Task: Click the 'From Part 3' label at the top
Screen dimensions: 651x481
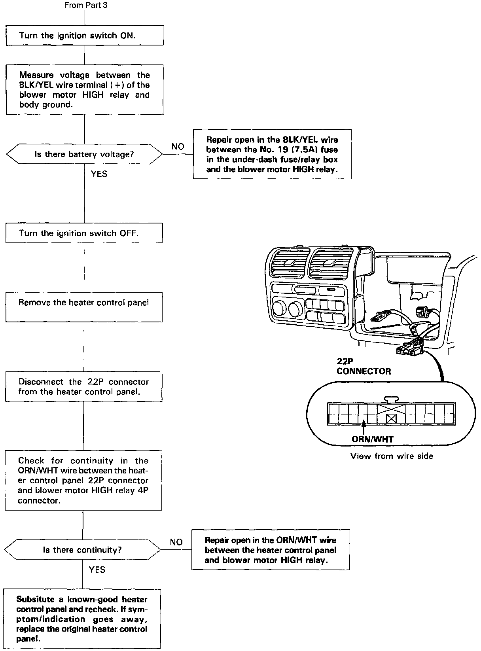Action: [85, 5]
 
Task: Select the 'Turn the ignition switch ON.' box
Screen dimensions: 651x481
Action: [85, 36]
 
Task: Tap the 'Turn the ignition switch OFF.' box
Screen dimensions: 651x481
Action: [84, 233]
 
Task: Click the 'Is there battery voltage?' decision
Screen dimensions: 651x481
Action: [84, 154]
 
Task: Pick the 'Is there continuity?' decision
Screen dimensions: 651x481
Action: [82, 550]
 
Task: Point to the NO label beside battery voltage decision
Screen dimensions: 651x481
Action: [178, 147]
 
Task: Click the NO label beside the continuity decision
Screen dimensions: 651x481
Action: [176, 542]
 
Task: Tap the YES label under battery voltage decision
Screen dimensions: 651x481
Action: [99, 174]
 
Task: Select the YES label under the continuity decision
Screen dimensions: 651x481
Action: [97, 570]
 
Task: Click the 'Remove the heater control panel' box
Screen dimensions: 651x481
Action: [84, 307]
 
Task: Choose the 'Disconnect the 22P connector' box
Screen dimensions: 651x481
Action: [83, 387]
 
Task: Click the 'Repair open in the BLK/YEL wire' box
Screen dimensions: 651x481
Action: [272, 154]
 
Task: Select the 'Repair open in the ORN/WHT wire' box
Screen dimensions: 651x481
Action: [271, 550]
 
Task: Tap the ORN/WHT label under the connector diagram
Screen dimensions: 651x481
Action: [373, 439]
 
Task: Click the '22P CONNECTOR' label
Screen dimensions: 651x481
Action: [364, 367]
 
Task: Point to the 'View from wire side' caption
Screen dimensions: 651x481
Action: [392, 456]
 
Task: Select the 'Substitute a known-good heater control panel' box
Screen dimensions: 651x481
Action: [82, 619]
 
